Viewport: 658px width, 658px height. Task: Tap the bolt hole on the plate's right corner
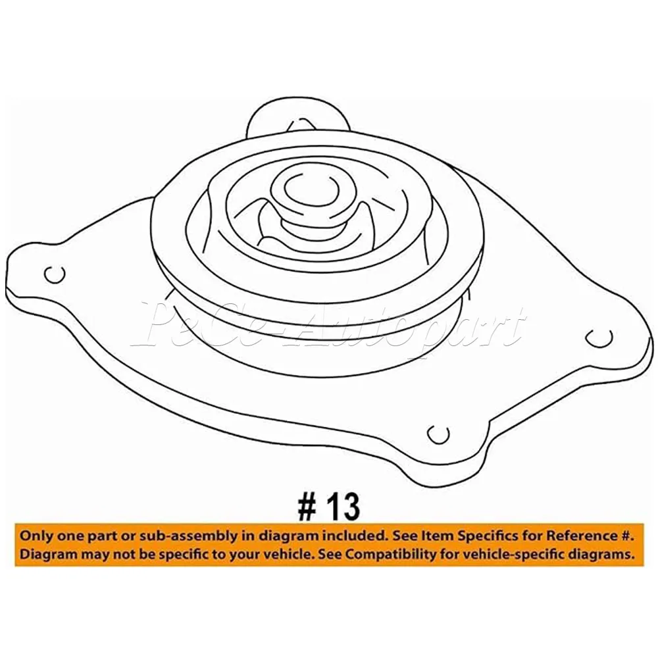click(598, 337)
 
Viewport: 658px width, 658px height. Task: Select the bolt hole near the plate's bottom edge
click(438, 433)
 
